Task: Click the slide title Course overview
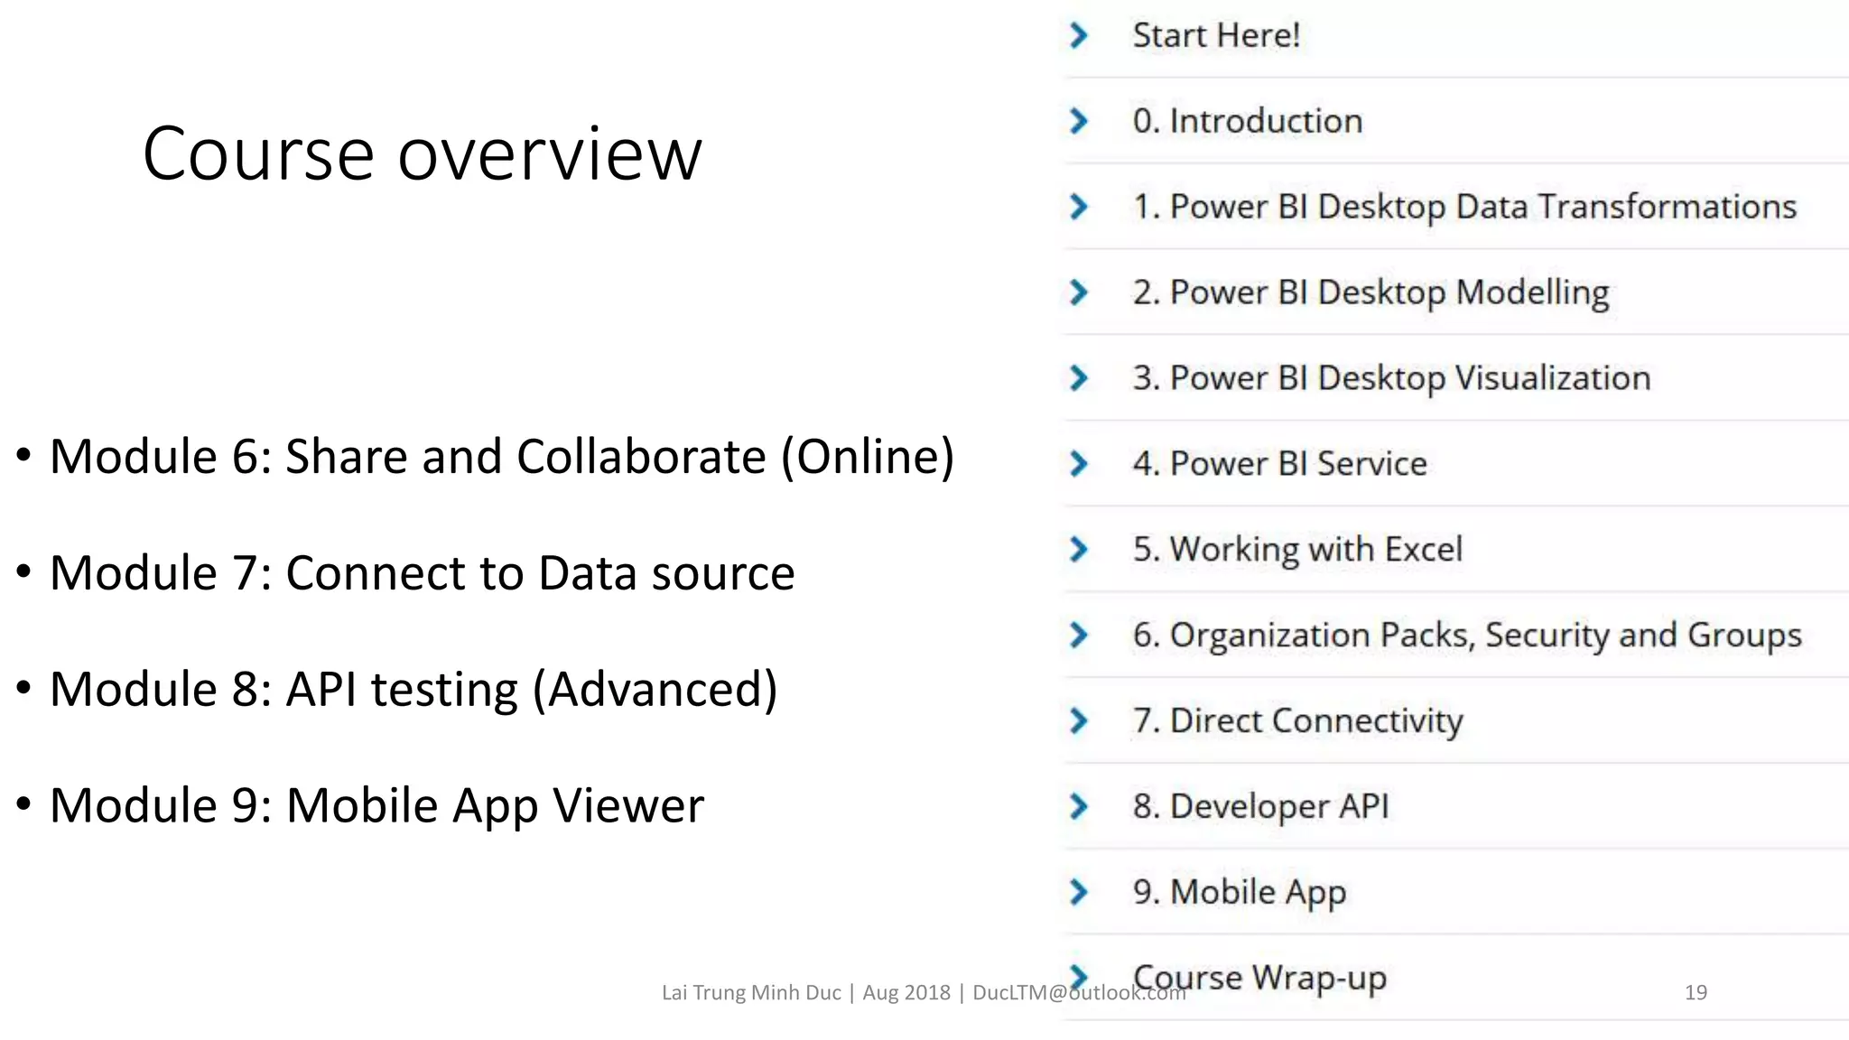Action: (x=422, y=154)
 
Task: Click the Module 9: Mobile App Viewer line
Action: (x=376, y=805)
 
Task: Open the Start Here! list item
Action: (x=1215, y=35)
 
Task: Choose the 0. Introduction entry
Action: (x=1247, y=121)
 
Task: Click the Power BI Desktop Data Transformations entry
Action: (x=1464, y=207)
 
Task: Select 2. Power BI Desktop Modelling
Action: (x=1370, y=292)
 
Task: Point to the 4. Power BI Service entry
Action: (x=1279, y=464)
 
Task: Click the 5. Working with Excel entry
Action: (x=1297, y=549)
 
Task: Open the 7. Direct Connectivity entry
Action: (x=1297, y=720)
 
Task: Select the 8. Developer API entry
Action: (x=1260, y=806)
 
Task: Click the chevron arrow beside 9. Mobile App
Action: (x=1078, y=892)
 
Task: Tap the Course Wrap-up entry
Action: (x=1259, y=977)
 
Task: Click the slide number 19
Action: (x=1696, y=992)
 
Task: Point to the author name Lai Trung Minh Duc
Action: (x=751, y=992)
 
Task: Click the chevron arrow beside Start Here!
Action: (x=1078, y=35)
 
